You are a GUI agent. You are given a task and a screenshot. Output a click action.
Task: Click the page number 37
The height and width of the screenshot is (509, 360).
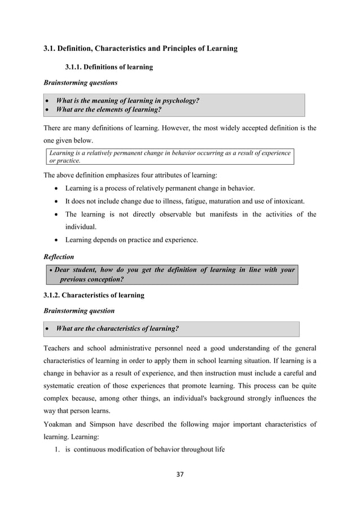coord(180,474)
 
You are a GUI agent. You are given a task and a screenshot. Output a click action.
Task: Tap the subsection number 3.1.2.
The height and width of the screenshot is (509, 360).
coord(55,295)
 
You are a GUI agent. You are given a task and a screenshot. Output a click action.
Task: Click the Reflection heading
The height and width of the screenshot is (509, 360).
coord(59,257)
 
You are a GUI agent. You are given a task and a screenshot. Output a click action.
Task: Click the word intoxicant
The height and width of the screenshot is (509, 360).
coord(288,201)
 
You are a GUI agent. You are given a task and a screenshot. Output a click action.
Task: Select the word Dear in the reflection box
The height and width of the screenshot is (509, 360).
coord(65,270)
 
